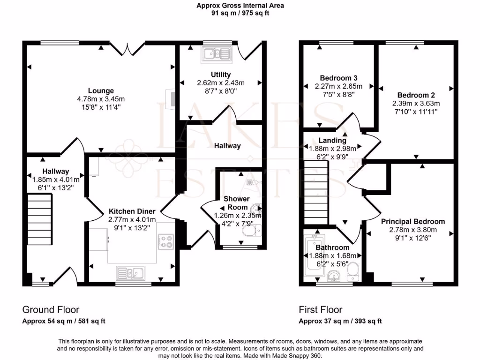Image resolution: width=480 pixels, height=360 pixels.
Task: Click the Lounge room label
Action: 101,90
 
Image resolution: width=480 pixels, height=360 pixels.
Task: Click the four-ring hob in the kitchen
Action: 166,241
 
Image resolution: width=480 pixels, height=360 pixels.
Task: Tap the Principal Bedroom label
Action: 412,221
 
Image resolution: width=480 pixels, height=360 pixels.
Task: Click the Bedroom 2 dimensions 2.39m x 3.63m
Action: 416,104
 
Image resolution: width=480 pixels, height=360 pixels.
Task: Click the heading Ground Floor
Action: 51,309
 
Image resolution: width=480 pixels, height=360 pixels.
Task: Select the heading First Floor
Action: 321,309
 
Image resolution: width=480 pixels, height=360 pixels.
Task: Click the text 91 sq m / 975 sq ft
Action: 240,13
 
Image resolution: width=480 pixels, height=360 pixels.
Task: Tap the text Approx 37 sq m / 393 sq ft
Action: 340,321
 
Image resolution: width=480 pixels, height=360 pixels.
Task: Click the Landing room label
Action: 332,140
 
